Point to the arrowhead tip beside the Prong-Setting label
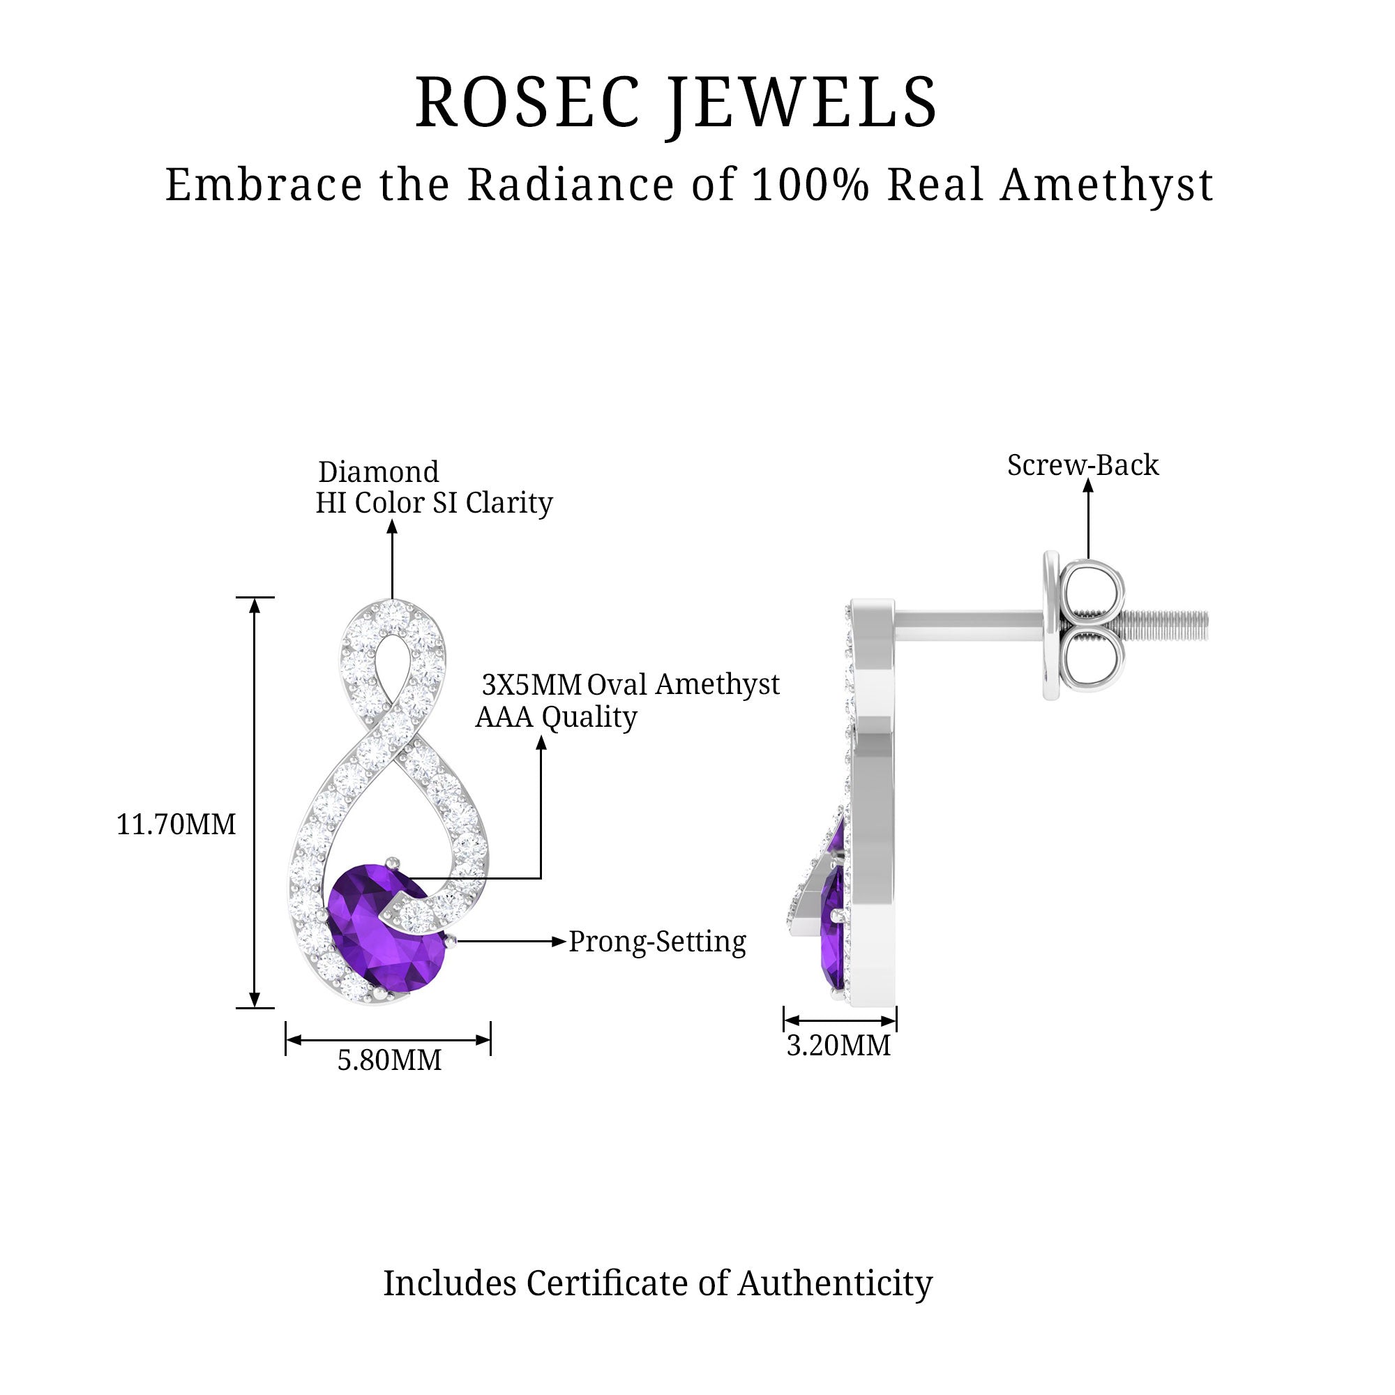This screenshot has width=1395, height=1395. click(x=566, y=941)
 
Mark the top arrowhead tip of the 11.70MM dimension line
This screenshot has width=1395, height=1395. click(x=254, y=598)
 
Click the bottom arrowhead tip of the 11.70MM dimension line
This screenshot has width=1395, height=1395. click(x=254, y=1007)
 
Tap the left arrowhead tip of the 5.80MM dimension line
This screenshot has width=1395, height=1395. click(x=287, y=1040)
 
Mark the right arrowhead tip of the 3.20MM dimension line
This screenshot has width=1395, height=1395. click(x=896, y=1020)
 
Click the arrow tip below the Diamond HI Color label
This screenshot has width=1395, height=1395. click(x=392, y=520)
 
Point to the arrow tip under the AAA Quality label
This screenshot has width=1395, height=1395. click(x=541, y=735)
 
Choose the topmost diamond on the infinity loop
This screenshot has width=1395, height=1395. click(x=392, y=612)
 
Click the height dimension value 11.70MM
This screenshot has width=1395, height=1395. click(x=176, y=824)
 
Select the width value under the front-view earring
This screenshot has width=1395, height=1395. click(x=389, y=1060)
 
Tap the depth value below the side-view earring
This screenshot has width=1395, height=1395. click(x=838, y=1046)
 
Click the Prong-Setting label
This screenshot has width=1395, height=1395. click(x=657, y=942)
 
